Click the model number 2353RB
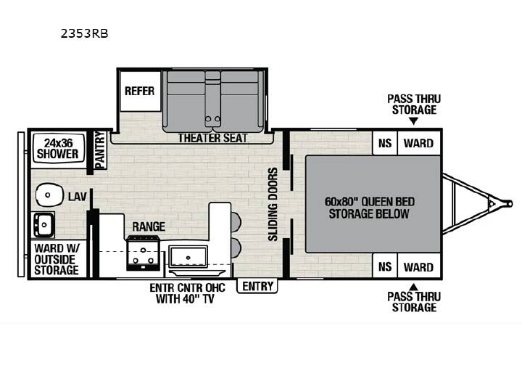(84, 33)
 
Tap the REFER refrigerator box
(140, 91)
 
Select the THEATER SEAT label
(212, 138)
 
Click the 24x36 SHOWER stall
(58, 149)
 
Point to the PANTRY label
(100, 150)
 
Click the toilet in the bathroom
(49, 195)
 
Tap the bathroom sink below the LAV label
(43, 224)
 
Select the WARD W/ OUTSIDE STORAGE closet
(57, 259)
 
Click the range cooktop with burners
(143, 253)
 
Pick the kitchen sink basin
(188, 257)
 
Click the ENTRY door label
(257, 286)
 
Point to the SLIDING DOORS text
(273, 204)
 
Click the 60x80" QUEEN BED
(373, 204)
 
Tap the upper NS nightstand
(385, 143)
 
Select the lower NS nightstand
(385, 266)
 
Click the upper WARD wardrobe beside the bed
(419, 143)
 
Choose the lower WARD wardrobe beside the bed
(419, 266)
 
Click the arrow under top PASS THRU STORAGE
(413, 121)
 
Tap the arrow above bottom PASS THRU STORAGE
(413, 287)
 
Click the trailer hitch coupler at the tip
(507, 203)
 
